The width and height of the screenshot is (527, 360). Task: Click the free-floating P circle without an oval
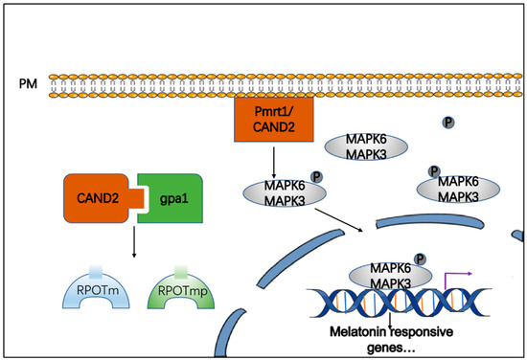tap(447, 123)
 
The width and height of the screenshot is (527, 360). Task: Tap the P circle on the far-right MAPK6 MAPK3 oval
tap(432, 170)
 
